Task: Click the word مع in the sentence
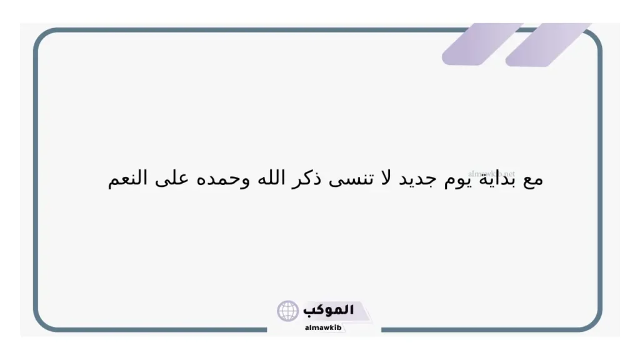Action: coord(532,180)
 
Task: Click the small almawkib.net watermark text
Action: coord(491,172)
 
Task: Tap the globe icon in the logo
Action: coord(287,311)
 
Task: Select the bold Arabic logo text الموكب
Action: coord(329,310)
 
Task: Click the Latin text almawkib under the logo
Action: coord(323,327)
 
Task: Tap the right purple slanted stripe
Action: coord(547,44)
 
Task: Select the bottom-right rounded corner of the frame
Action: coord(593,322)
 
